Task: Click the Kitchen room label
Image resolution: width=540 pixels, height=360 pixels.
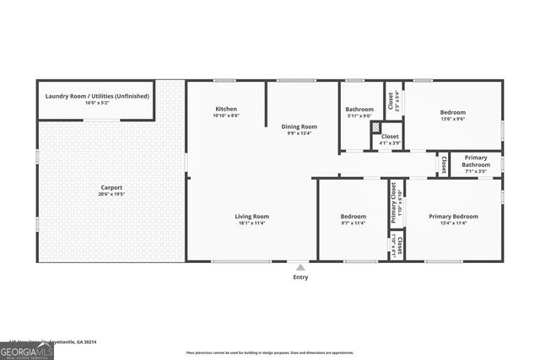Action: coord(226,109)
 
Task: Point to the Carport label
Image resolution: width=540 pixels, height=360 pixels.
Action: coord(111,187)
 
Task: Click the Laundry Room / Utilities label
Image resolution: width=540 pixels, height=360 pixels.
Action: coord(94,96)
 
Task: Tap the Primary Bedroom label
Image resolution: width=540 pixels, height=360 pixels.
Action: coord(453,217)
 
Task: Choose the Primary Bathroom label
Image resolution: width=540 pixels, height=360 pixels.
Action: coord(475,161)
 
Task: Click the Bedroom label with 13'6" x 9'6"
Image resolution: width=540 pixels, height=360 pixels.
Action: coord(452,112)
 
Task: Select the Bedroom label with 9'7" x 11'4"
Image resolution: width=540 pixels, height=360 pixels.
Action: coord(353,217)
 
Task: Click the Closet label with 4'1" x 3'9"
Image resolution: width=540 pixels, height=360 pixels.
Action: coord(390,136)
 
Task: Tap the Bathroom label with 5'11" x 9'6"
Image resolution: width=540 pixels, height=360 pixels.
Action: coord(359,109)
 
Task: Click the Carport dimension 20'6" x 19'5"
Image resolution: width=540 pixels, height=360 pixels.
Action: coord(111,194)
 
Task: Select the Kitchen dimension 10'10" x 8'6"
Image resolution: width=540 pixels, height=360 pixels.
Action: coord(226,116)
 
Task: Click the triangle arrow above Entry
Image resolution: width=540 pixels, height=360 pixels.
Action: coord(300,267)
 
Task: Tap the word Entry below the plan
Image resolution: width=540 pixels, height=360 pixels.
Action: coord(300,277)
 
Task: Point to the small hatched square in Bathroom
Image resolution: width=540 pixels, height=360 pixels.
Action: coord(376,126)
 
